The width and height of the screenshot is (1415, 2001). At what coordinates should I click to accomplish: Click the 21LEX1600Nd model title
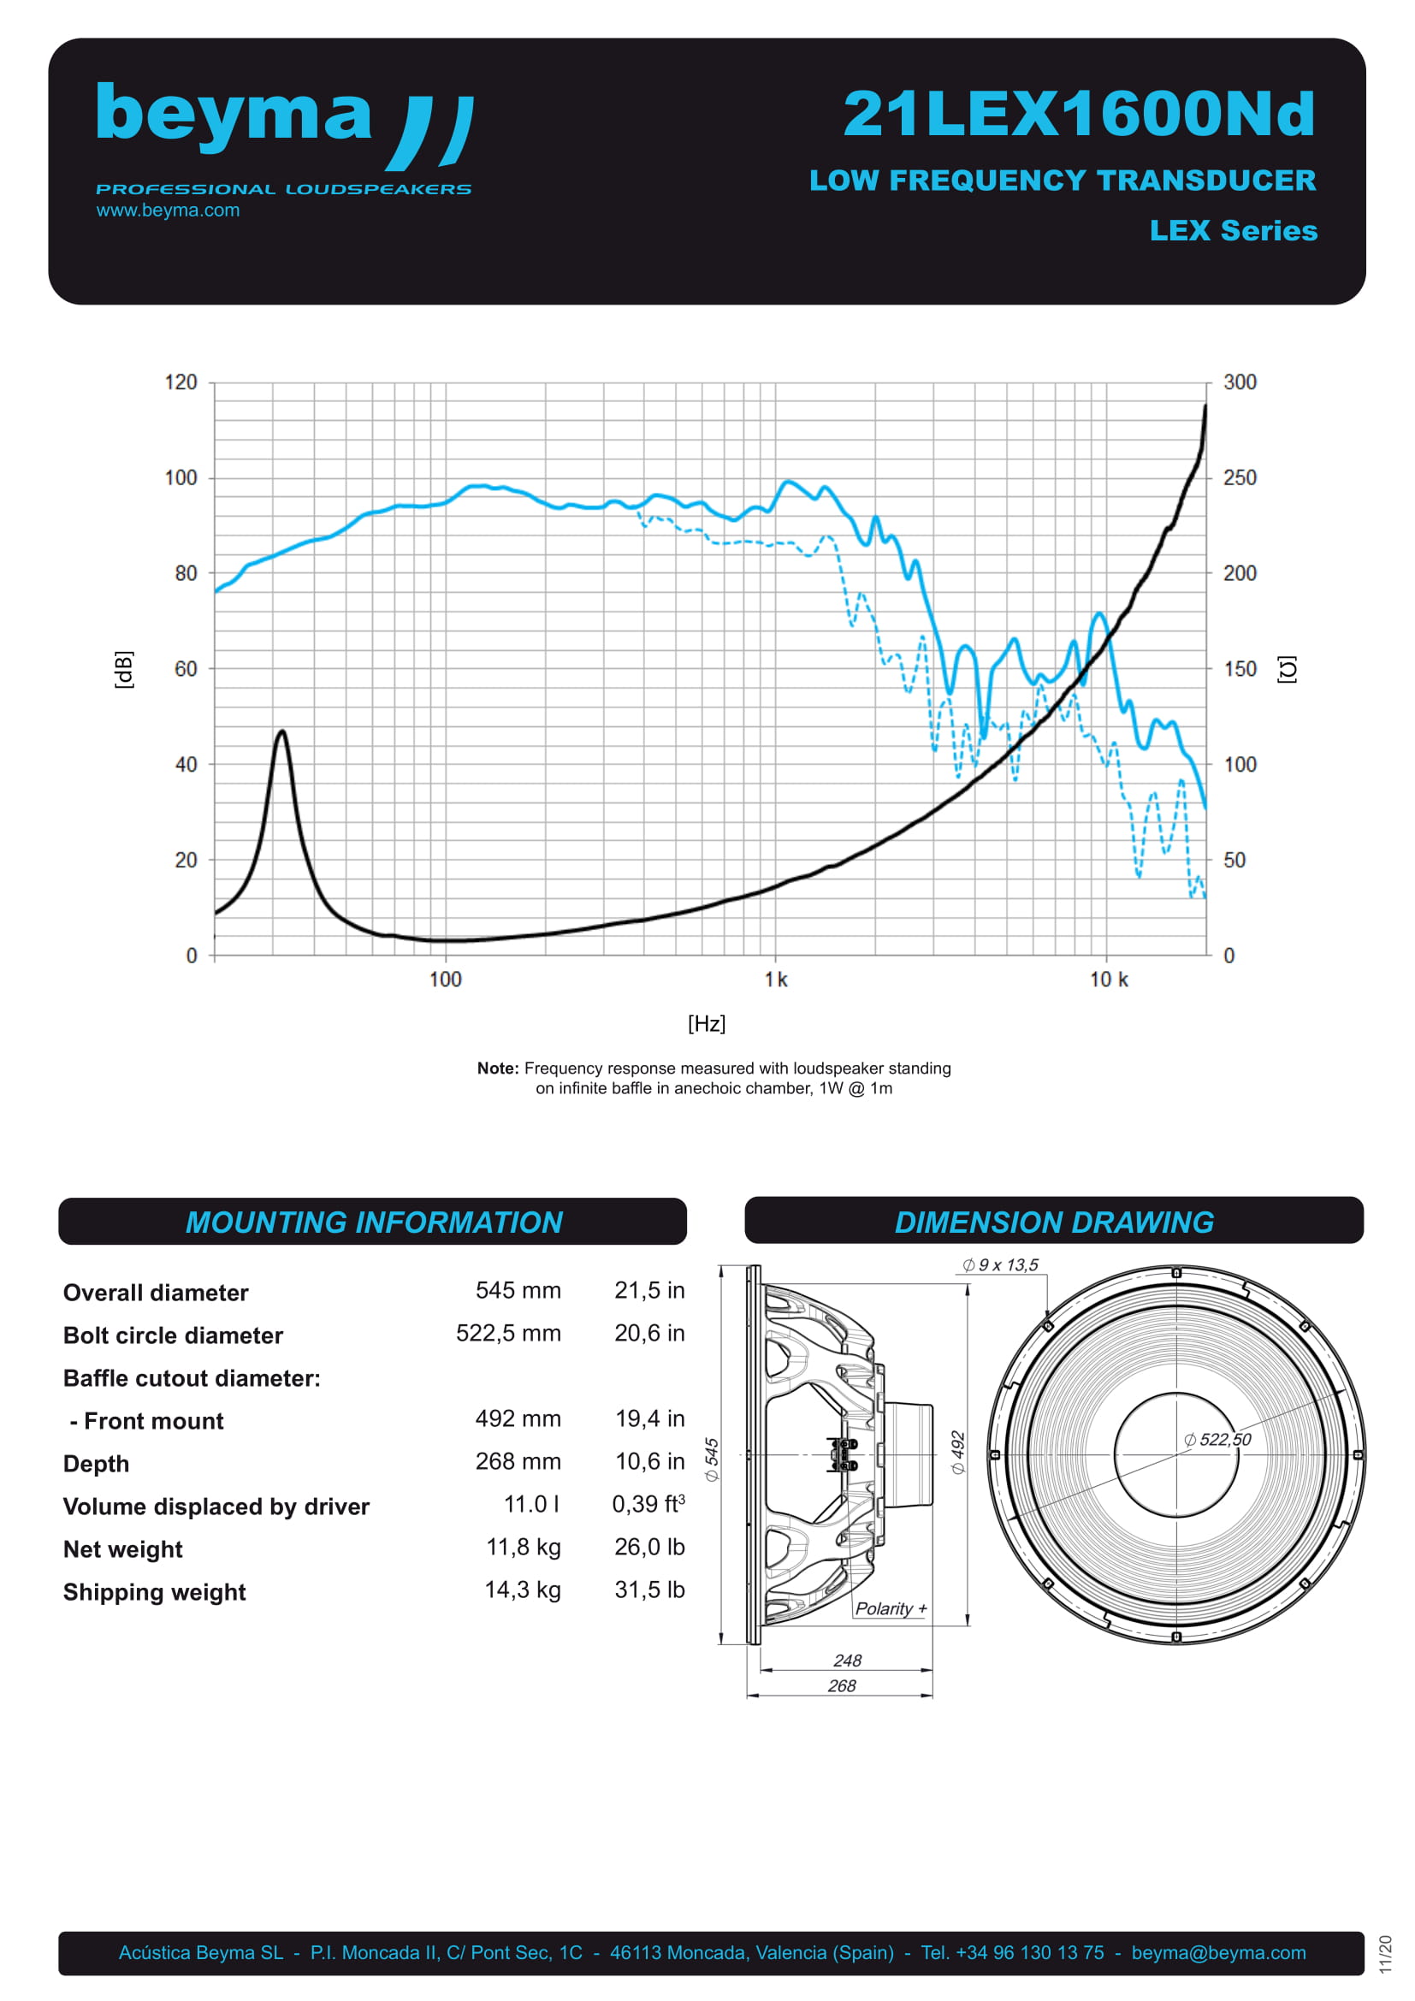click(1079, 114)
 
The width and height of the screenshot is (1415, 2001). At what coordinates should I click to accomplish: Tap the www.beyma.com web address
click(168, 210)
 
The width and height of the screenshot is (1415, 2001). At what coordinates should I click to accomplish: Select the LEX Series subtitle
click(1232, 230)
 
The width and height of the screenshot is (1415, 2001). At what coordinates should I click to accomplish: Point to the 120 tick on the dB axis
click(181, 382)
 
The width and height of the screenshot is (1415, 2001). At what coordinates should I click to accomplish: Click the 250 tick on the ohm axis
click(1239, 477)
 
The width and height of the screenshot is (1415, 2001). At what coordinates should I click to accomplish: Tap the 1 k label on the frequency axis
click(775, 980)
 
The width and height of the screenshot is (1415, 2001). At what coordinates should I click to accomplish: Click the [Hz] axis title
click(706, 1023)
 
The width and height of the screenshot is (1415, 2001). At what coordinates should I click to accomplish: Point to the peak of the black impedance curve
click(281, 732)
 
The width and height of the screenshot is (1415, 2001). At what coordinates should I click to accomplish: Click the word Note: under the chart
click(498, 1069)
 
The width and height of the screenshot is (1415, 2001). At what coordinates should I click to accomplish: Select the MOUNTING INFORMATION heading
click(374, 1222)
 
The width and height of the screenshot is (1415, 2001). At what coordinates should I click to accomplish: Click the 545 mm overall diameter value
click(518, 1290)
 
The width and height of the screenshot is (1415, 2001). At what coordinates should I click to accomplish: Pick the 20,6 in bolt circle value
click(649, 1333)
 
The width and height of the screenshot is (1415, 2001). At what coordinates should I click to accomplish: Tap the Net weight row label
click(123, 1548)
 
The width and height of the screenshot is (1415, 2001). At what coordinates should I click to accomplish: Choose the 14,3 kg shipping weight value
click(522, 1590)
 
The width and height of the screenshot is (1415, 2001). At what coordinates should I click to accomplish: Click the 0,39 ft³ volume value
click(648, 1504)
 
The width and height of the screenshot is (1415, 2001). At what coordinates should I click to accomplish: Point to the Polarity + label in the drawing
click(891, 1608)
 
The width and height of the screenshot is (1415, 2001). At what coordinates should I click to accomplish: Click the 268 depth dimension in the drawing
click(841, 1685)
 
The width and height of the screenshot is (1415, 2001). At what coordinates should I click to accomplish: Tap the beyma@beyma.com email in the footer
click(1218, 1952)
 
